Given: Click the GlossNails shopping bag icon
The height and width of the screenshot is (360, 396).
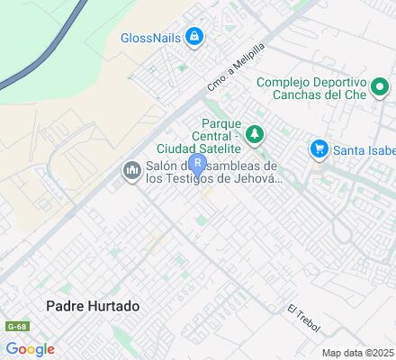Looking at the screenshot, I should point(193,37).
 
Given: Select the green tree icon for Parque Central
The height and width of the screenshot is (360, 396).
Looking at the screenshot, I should point(256,134).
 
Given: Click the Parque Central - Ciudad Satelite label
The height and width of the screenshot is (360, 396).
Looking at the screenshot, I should point(221,134).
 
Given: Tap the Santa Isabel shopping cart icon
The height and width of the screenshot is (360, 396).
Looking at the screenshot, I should point(317,148).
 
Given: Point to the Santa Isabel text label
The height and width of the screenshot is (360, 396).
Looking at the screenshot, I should point(361,149).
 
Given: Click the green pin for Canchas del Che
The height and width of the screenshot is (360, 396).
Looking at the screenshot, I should point(380,88).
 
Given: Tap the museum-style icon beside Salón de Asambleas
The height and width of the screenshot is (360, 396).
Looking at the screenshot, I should point(131,170).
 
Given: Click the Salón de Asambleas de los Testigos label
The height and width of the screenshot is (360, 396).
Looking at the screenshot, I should point(211,171).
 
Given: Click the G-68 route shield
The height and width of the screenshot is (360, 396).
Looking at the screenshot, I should point(13,326).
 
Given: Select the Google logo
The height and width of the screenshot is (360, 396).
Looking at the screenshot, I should point(30,348).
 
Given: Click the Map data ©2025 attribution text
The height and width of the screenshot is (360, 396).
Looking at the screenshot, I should point(358,353).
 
